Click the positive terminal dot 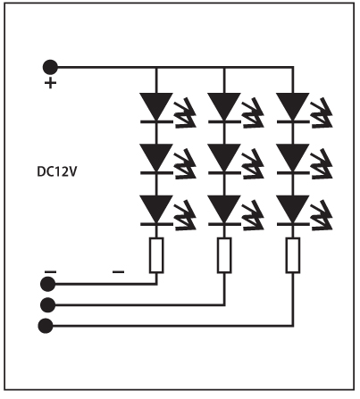coord(50,67)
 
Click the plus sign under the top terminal coord(50,83)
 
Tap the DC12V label coord(57,172)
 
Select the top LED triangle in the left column coord(156,106)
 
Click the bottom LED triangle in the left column coord(156,209)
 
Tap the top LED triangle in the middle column coord(224,106)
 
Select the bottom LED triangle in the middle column coord(224,209)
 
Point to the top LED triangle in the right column coord(293,106)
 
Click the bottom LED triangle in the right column coord(293,209)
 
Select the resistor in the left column coord(156,255)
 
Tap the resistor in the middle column coord(224,255)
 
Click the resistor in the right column coord(293,255)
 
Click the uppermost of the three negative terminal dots coord(47,284)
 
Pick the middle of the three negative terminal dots coord(47,304)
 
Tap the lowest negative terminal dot coord(46,326)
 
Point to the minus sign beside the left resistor coord(119,271)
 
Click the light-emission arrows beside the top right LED coord(322,113)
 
